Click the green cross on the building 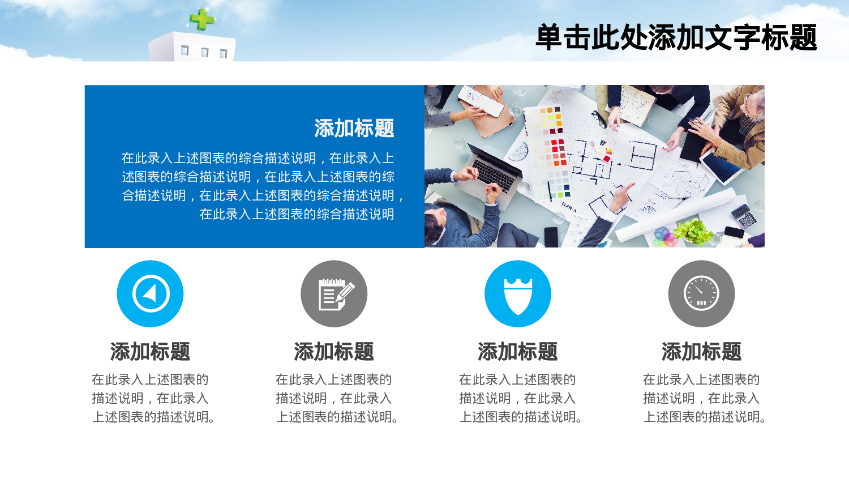click(x=201, y=20)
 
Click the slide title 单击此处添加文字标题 click(x=676, y=37)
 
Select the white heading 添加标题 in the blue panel click(x=354, y=129)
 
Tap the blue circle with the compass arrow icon click(x=150, y=293)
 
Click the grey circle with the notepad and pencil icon click(x=334, y=293)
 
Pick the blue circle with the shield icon click(x=517, y=293)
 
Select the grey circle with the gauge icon click(x=701, y=293)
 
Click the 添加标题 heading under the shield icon click(x=517, y=352)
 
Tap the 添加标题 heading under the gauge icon click(x=701, y=352)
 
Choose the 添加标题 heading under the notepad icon click(x=334, y=352)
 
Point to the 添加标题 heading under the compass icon click(x=150, y=352)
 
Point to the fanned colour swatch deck click(x=602, y=148)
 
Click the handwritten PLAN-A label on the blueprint click(x=568, y=208)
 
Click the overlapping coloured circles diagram click(x=664, y=236)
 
